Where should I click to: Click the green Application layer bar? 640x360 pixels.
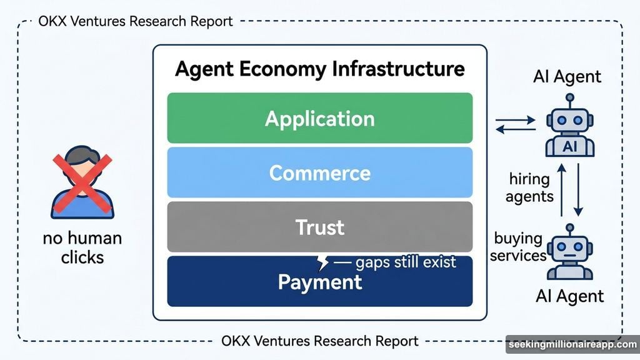[x=319, y=118]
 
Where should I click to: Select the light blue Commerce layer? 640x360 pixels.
[x=319, y=172]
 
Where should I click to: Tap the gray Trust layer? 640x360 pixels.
[x=319, y=226]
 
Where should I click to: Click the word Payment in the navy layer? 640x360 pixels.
[x=319, y=282]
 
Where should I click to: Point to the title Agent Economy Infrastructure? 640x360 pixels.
[x=319, y=69]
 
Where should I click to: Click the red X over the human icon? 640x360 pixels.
[x=83, y=181]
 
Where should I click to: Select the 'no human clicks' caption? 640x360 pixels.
[x=82, y=247]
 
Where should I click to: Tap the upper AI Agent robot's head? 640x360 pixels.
[x=569, y=119]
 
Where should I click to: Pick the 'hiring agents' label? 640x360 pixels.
[x=530, y=187]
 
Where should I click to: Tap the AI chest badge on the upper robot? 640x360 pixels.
[x=569, y=146]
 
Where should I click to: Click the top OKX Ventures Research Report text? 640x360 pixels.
[x=136, y=21]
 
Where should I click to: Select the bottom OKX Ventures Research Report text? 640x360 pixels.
[x=320, y=341]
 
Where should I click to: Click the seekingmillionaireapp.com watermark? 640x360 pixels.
[x=571, y=344]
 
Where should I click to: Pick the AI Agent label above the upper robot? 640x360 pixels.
[x=567, y=77]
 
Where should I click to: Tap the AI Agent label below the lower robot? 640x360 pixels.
[x=570, y=296]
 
